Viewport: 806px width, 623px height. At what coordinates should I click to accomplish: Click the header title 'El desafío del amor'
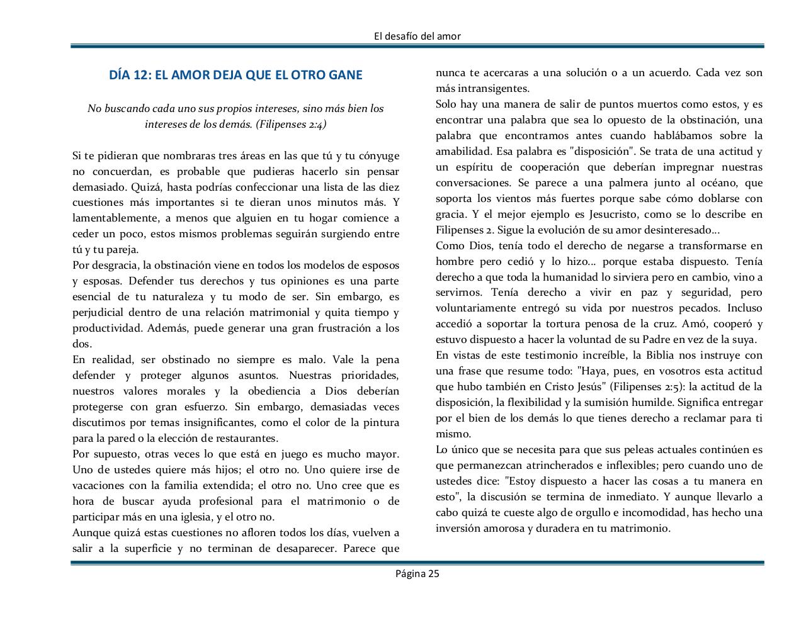tap(417, 36)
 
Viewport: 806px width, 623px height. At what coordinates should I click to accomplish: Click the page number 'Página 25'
tap(417, 573)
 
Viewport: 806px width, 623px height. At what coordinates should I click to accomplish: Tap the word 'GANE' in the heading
tap(345, 76)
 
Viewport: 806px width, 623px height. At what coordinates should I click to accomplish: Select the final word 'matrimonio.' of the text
tap(640, 528)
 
